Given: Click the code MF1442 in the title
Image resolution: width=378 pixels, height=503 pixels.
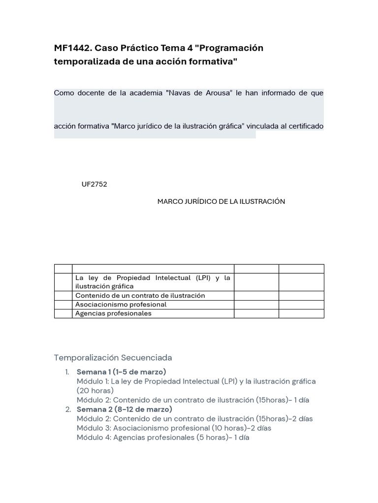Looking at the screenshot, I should [72, 48].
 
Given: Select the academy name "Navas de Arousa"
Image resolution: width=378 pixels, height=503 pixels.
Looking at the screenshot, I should [200, 93].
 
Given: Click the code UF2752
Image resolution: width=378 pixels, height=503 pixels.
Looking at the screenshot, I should [94, 185].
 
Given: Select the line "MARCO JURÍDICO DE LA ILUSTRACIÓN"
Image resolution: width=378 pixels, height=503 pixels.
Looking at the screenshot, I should [221, 202].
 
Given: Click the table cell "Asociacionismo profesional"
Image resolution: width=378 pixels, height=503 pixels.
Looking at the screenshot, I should [121, 305].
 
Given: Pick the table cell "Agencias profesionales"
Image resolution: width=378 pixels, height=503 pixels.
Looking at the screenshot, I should [113, 313].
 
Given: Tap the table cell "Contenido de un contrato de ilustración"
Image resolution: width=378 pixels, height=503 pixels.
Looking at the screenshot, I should [140, 296].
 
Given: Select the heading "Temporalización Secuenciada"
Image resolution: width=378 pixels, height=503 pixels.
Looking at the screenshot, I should [113, 358].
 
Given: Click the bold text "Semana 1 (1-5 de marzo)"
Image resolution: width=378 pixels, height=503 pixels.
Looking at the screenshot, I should [121, 372].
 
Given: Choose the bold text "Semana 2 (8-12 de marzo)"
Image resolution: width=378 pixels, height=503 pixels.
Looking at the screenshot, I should [124, 409].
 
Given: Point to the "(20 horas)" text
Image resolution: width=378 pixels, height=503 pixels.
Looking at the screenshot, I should [95, 391].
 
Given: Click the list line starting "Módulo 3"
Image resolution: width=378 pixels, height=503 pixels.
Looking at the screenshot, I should [174, 428].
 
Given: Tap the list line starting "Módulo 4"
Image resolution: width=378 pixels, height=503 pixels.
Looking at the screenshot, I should [163, 437].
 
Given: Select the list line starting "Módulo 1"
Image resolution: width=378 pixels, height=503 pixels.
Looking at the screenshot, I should [196, 381].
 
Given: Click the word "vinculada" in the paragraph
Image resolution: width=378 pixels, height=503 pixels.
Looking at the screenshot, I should [261, 126].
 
